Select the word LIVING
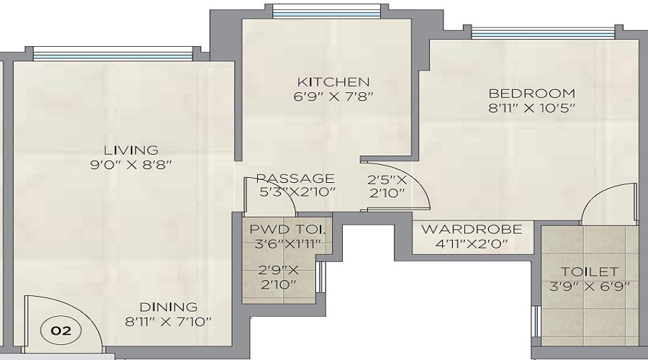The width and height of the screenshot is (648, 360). (x=130, y=150)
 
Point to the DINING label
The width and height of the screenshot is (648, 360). (x=169, y=307)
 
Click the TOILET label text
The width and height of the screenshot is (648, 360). (x=590, y=271)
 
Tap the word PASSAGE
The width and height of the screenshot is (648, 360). (x=295, y=179)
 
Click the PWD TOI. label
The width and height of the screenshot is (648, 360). (x=287, y=230)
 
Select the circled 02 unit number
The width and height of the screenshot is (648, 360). (x=61, y=332)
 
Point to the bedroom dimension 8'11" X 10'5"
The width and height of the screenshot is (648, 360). (x=532, y=108)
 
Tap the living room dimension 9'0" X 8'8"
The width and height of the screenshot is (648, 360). (x=130, y=165)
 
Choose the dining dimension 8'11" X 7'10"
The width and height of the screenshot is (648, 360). (x=169, y=321)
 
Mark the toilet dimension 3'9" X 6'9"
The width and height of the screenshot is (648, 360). (x=590, y=286)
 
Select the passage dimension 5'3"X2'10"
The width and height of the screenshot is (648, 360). (x=295, y=192)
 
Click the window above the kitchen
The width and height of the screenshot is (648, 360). (x=327, y=11)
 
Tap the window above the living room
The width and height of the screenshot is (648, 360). (x=113, y=53)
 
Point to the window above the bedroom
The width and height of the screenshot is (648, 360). (x=544, y=32)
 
